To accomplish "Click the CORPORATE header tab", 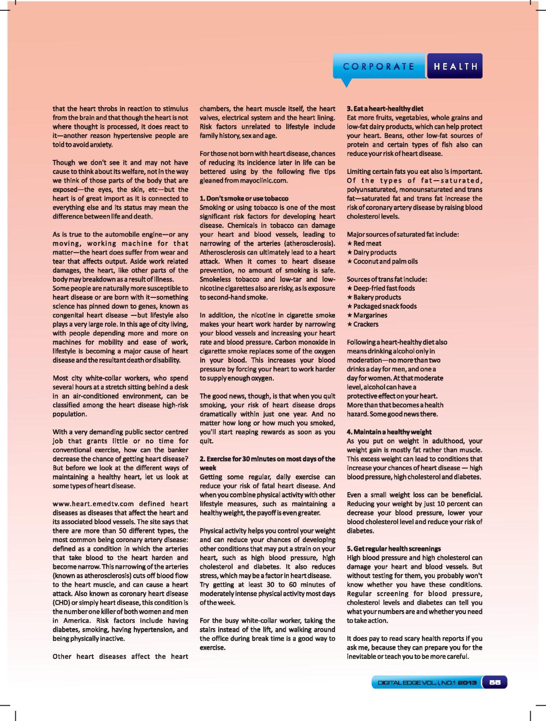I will click(378, 67).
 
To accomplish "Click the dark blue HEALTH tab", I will click(455, 67).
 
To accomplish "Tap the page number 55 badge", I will click(495, 683).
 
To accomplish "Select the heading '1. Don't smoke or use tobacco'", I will click(244, 198).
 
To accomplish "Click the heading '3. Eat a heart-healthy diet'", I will click(385, 109).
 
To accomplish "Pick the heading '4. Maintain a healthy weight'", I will click(389, 432).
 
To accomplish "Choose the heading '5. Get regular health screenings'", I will click(393, 548).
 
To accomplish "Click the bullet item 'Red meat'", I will click(367, 243).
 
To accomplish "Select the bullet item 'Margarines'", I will click(370, 315).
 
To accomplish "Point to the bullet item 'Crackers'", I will click(366, 324).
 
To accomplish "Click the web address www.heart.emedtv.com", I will click(93, 504).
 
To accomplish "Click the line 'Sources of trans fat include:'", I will click(387, 279).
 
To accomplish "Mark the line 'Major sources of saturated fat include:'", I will click(403, 234).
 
